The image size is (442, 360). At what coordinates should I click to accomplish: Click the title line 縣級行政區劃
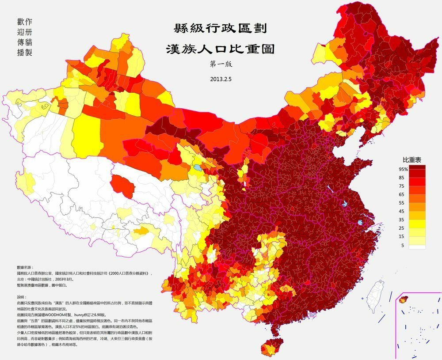tap(219, 30)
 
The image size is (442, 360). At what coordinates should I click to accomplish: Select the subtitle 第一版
tap(220, 63)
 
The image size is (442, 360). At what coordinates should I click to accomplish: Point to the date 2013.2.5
tap(220, 80)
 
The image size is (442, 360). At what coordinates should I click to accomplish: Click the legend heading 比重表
tap(410, 159)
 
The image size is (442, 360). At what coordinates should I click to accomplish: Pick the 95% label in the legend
tap(402, 169)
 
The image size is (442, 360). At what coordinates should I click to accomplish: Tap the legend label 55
tap(402, 203)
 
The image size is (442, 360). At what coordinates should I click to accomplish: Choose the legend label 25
tap(402, 228)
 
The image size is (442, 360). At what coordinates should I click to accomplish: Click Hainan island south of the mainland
tap(271, 346)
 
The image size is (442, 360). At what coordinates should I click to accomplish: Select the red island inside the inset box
tap(402, 300)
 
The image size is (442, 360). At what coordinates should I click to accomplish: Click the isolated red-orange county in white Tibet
tap(122, 186)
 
